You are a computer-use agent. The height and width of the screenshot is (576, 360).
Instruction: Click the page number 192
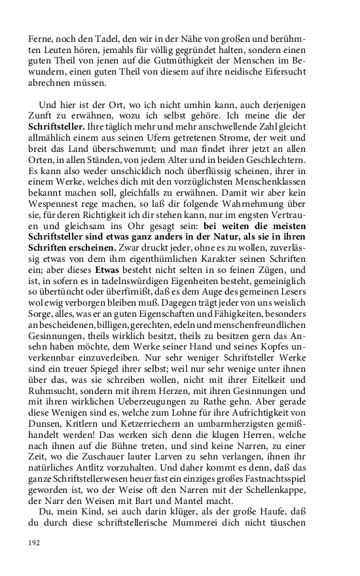click(34, 543)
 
